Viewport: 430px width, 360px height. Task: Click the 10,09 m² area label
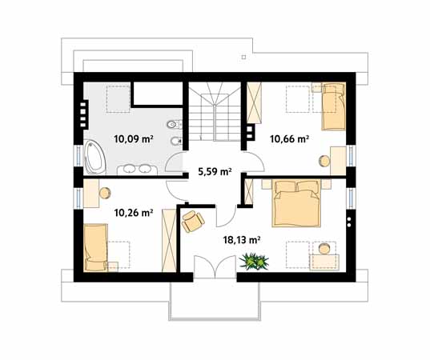[133, 139]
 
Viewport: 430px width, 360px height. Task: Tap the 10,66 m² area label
[290, 139]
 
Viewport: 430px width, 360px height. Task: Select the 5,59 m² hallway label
[215, 171]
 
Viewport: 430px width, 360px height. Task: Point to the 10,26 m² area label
[133, 212]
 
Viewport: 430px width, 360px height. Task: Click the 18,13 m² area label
[242, 240]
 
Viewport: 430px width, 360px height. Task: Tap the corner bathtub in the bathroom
[94, 157]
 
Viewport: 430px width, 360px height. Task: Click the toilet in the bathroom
[174, 125]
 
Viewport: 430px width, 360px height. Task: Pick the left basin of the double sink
[128, 169]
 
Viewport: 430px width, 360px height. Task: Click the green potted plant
[254, 262]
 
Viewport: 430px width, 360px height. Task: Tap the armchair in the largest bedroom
[193, 221]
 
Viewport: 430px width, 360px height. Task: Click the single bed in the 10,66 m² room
[333, 106]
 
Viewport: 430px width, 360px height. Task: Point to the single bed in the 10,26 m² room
[96, 248]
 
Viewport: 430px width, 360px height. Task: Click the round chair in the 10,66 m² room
[325, 161]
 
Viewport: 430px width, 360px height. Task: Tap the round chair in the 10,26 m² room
[105, 193]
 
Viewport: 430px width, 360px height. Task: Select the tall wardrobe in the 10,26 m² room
[169, 241]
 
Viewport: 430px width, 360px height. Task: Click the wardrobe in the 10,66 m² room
[254, 102]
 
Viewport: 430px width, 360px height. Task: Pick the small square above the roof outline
[243, 57]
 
